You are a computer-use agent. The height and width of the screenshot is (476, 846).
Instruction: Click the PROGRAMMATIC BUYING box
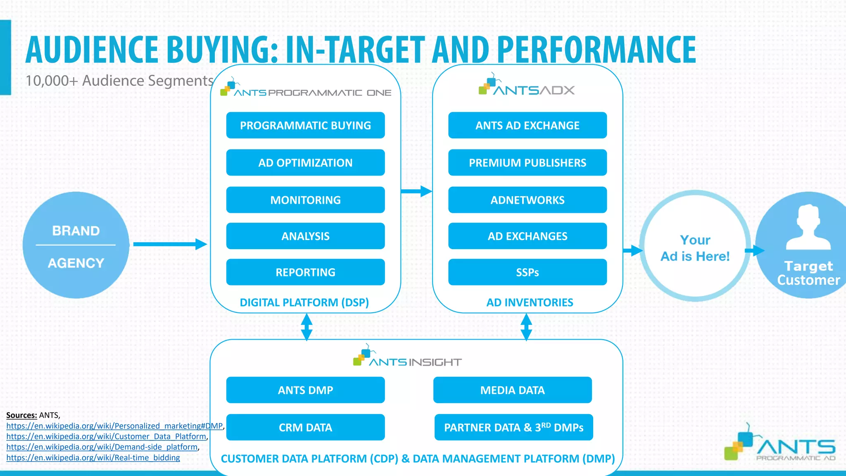[305, 125]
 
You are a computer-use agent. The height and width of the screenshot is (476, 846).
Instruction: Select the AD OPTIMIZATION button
[305, 162]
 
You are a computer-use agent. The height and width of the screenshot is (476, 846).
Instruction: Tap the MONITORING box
[305, 200]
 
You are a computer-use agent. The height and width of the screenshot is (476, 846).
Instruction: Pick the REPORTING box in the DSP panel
[305, 272]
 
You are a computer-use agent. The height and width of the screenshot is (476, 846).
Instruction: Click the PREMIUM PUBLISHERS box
[527, 162]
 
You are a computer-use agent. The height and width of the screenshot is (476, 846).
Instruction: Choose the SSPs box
[527, 272]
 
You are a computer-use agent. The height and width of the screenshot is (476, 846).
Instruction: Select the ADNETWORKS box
[527, 200]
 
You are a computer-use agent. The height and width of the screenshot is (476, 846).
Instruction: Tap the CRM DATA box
[305, 427]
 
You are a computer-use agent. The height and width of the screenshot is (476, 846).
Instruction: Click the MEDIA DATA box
[512, 390]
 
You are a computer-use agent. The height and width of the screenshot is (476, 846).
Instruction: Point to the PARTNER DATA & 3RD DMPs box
[513, 427]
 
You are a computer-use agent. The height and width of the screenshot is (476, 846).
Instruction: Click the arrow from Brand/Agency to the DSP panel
[169, 244]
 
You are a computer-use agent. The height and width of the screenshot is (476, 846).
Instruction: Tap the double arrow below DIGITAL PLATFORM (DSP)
[307, 327]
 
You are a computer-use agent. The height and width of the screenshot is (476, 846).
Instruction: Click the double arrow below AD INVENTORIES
[526, 327]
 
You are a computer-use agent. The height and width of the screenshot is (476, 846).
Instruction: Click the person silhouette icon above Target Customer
[808, 227]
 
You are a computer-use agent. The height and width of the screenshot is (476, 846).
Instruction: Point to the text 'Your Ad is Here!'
[695, 248]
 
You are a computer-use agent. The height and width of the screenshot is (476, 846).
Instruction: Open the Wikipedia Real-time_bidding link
[93, 458]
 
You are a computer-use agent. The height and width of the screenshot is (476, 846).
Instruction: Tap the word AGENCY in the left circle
[76, 263]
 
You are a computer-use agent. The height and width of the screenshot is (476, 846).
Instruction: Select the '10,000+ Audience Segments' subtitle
[119, 81]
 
